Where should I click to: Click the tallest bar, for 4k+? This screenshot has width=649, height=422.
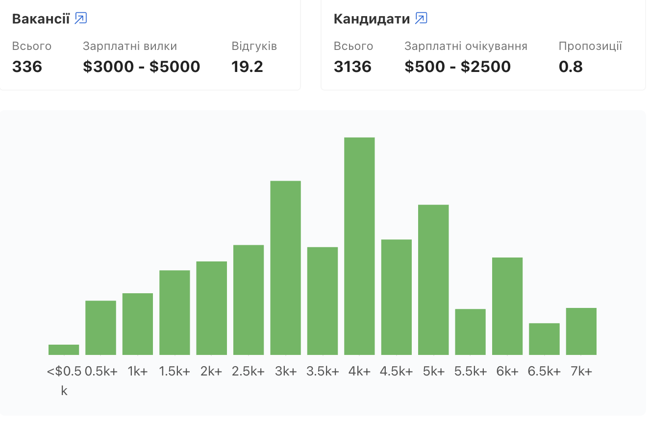point(359,246)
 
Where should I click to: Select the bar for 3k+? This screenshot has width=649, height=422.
point(285,268)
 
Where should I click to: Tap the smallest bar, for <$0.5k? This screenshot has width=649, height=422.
point(64,350)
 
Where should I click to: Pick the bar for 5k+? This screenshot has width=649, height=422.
point(433,280)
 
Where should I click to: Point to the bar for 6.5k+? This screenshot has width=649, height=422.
point(544,339)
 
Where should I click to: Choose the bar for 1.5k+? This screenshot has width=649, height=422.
point(175,312)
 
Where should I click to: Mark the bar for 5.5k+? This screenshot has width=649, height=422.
point(470,331)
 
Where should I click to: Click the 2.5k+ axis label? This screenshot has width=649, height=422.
point(249,372)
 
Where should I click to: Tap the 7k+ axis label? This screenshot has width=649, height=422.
point(581,372)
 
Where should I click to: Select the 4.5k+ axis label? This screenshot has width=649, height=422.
point(397,372)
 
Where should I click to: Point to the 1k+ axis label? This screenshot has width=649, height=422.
point(138,372)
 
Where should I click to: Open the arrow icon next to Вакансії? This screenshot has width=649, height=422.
point(81,19)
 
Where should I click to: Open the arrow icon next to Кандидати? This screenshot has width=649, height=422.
point(421,19)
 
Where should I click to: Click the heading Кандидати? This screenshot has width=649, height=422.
point(372,19)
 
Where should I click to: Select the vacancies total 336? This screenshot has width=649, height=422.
point(27,67)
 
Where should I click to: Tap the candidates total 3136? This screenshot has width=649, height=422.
point(352,67)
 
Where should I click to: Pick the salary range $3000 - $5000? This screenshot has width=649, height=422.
point(141,67)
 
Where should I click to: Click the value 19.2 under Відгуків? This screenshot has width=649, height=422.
point(247,67)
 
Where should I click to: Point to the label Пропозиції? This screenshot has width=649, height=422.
point(590,47)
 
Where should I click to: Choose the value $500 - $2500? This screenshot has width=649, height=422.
point(457,67)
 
